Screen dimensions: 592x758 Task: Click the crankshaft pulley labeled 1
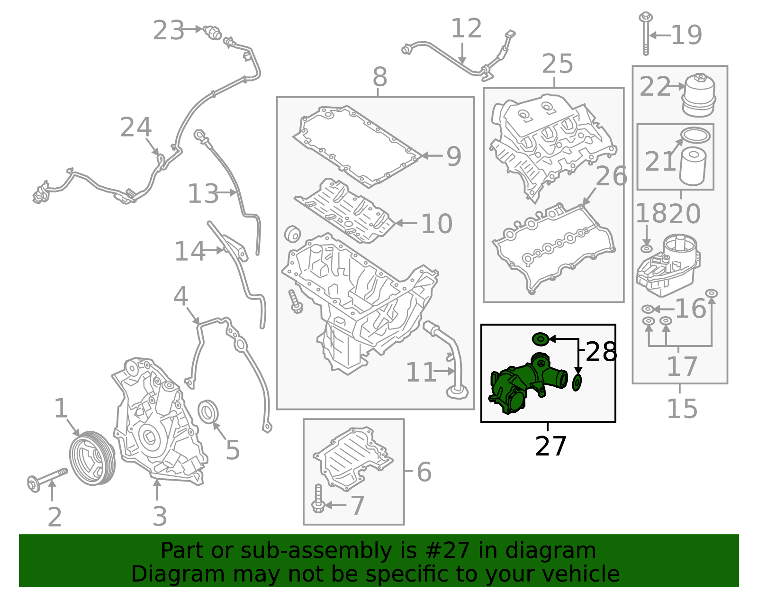pos(92,458)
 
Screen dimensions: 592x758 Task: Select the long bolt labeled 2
pos(47,478)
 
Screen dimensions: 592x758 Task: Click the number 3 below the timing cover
pos(160,517)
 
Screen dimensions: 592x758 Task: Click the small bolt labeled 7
pos(318,500)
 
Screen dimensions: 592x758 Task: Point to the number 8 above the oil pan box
pos(379,77)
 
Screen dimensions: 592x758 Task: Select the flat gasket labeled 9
pos(355,146)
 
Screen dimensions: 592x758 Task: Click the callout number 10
pos(436,224)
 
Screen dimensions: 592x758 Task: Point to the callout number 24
pos(135,128)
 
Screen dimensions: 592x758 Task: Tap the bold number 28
pos(601,352)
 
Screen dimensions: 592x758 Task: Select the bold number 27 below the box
pos(550,446)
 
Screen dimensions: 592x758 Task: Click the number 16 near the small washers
pos(690,309)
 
